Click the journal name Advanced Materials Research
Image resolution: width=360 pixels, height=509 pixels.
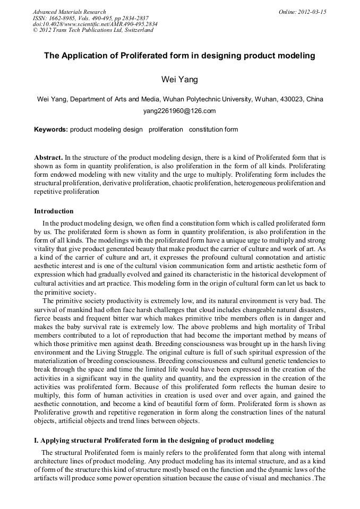69,12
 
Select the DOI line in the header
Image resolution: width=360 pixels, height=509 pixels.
95,24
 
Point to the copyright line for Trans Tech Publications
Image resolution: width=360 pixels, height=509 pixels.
93,30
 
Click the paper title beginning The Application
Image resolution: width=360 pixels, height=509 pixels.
179,55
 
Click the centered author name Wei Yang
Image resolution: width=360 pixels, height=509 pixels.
179,80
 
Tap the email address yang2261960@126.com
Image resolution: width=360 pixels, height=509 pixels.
179,111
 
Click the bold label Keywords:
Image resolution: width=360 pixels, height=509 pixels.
51,130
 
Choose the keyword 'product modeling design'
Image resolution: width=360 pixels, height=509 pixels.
106,130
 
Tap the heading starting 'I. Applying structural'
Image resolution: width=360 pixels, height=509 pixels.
154,441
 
